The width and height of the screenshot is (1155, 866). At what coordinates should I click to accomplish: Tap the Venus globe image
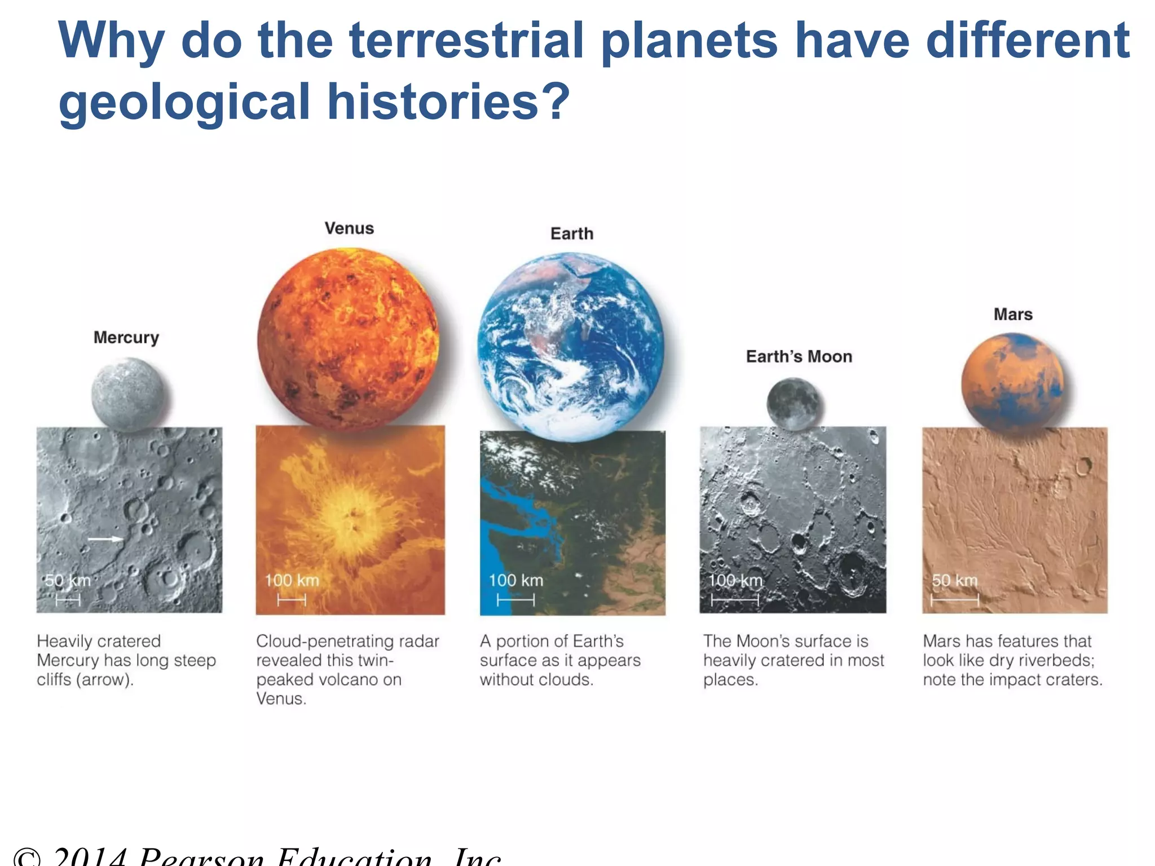coord(349,339)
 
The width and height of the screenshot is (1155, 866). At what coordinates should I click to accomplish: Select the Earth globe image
coord(571,346)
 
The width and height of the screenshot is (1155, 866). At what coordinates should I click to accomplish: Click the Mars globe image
coord(1012,382)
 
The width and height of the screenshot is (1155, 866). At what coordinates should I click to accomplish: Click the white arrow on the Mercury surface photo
coord(105,539)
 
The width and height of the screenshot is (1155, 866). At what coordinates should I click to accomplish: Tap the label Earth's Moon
coord(799,356)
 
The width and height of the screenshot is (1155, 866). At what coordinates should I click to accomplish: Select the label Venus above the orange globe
coord(349,228)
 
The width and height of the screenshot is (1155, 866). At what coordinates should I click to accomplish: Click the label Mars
coord(1013,314)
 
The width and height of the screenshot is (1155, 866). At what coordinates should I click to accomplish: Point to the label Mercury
coord(126,337)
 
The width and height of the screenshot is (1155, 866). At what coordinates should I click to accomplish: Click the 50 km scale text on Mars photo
coord(954,580)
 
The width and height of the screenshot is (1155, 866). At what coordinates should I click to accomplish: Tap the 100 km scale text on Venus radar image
coord(292,580)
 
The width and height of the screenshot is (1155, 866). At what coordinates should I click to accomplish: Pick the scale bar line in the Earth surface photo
coord(515,600)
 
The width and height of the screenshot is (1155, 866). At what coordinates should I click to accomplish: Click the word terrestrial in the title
coord(466,41)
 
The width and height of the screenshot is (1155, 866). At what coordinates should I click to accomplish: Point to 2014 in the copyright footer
coord(90,858)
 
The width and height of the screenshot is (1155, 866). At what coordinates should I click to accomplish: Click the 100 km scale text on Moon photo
coord(735,580)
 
